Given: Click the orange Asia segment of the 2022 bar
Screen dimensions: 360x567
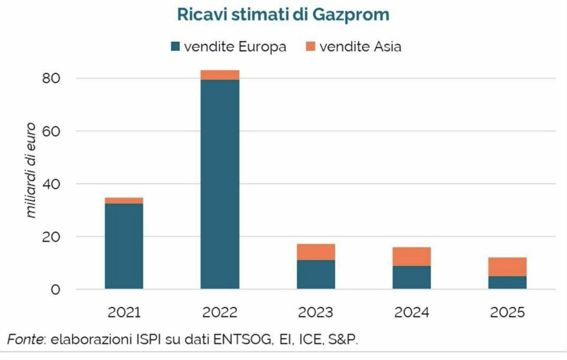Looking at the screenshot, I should [220, 75].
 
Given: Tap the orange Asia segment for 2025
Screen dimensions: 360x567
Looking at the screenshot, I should [507, 267].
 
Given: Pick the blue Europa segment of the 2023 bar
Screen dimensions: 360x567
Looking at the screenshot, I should [316, 274].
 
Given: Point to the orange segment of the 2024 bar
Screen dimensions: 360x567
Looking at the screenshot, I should [412, 256].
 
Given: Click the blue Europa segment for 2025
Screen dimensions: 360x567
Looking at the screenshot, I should [507, 282].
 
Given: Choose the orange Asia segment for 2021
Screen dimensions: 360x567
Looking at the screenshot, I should [124, 201].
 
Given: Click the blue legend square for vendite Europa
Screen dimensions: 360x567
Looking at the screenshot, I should [175, 46].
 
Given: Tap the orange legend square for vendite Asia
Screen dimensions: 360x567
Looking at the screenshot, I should [310, 46].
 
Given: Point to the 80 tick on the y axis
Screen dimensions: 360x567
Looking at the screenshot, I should [51, 78].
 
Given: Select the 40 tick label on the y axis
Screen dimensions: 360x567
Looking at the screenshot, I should [51, 184].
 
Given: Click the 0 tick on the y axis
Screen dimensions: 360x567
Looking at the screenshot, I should [55, 290].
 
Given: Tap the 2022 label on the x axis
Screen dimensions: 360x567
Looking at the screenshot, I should [220, 312].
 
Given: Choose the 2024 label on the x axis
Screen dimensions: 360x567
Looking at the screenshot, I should [412, 312].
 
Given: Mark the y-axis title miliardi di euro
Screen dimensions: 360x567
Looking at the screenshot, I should [31, 171].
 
